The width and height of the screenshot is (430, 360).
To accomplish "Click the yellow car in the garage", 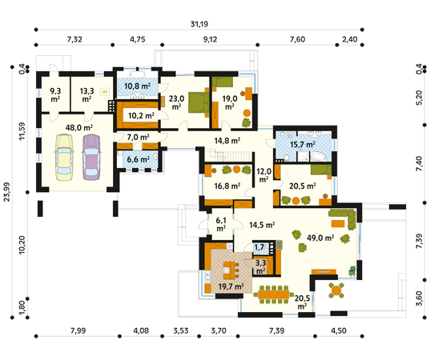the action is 64,158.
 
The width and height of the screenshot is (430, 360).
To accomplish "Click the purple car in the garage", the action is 91,157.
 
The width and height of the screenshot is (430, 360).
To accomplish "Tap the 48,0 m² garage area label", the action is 79,128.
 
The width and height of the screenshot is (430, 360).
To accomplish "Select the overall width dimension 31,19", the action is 199,24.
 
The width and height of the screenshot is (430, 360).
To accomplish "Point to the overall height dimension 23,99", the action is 6,192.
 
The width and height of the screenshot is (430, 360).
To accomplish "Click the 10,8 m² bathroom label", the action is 137,86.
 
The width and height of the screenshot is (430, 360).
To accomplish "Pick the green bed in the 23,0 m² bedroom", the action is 199,102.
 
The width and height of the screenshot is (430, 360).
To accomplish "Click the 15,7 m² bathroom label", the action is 303,144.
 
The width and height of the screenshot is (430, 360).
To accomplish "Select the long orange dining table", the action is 273,294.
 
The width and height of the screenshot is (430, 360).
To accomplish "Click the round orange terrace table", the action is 336,290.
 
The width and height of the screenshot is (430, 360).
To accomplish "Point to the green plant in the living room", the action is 352,271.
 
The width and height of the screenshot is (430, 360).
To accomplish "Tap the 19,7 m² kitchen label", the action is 231,286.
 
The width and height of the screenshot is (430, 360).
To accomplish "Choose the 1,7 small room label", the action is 259,247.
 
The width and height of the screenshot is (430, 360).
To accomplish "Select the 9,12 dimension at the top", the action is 210,39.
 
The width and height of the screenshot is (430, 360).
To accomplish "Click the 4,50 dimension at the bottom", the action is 339,330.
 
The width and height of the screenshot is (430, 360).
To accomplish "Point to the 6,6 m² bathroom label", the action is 138,159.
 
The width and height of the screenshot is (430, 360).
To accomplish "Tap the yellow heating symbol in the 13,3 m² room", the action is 104,92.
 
